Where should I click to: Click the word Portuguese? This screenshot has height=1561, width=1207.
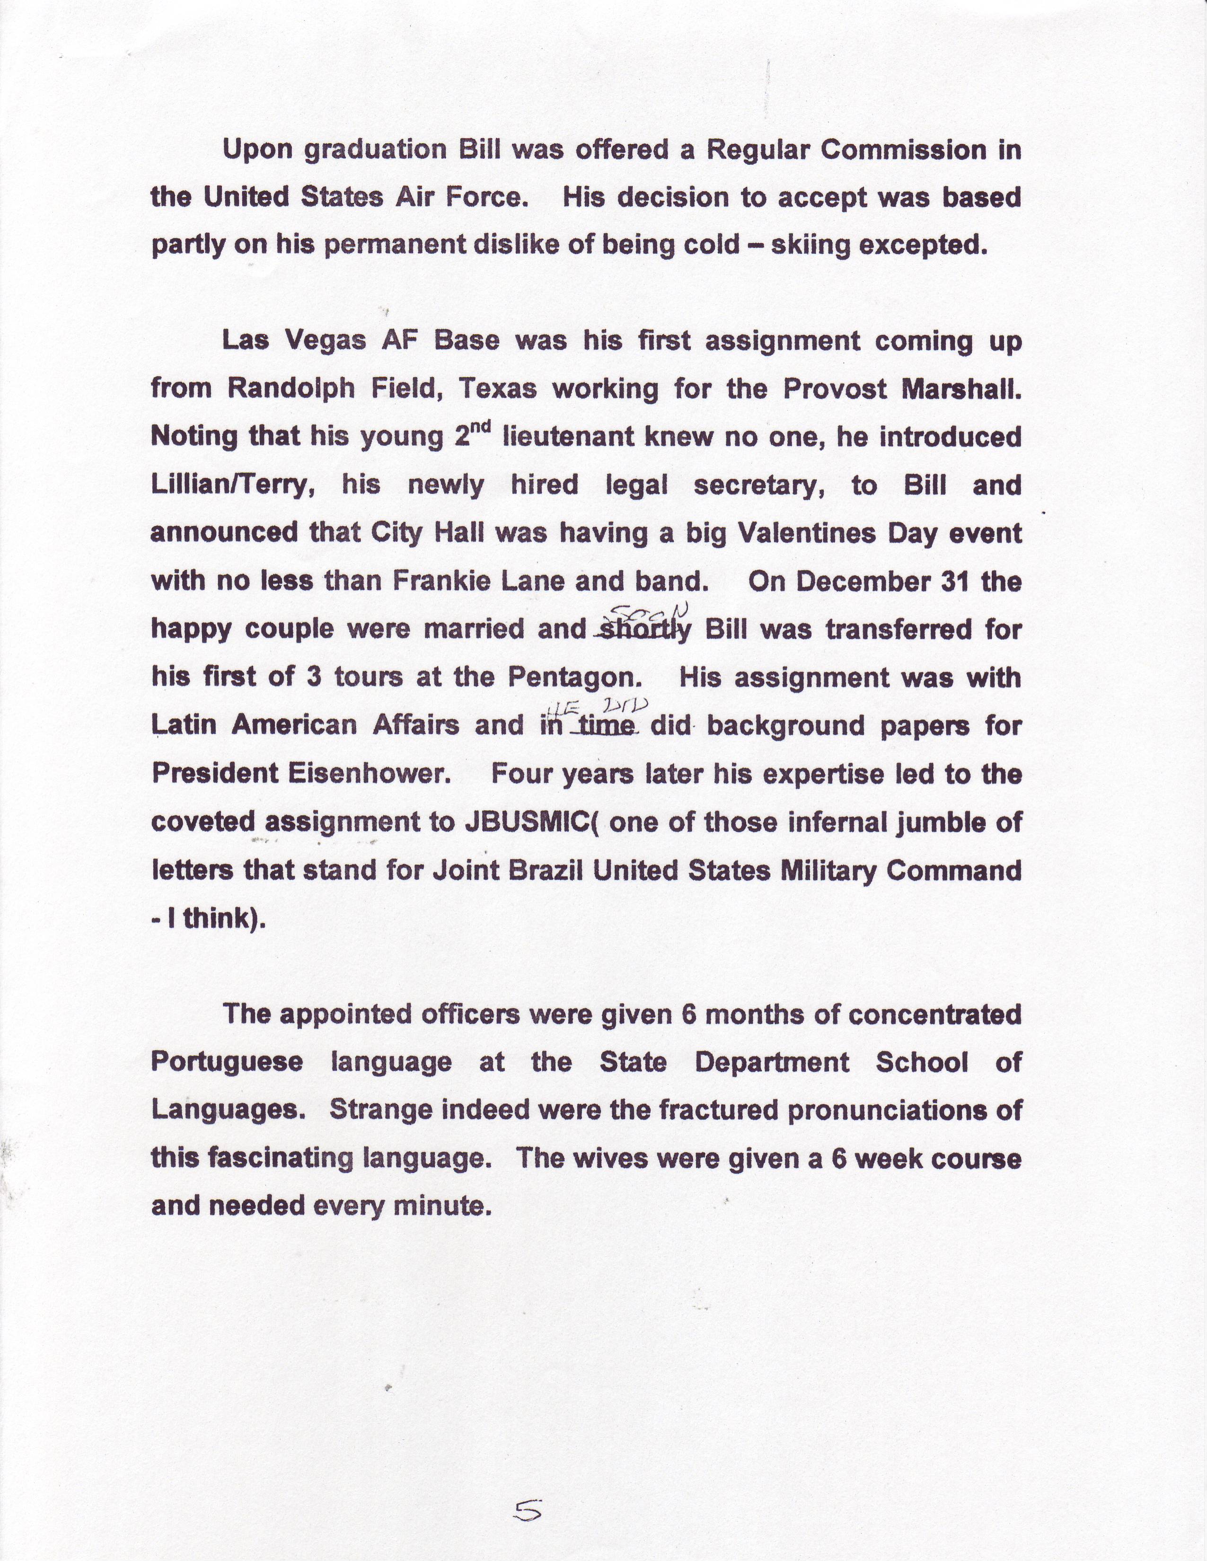pyautogui.click(x=227, y=1062)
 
